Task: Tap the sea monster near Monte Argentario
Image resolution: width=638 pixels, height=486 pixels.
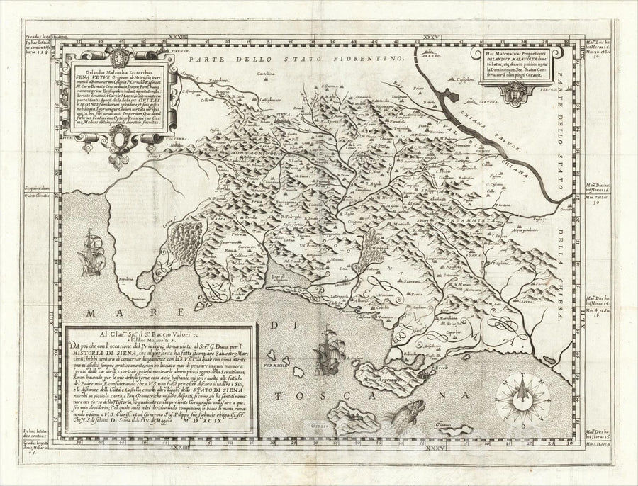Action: pos(412,411)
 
